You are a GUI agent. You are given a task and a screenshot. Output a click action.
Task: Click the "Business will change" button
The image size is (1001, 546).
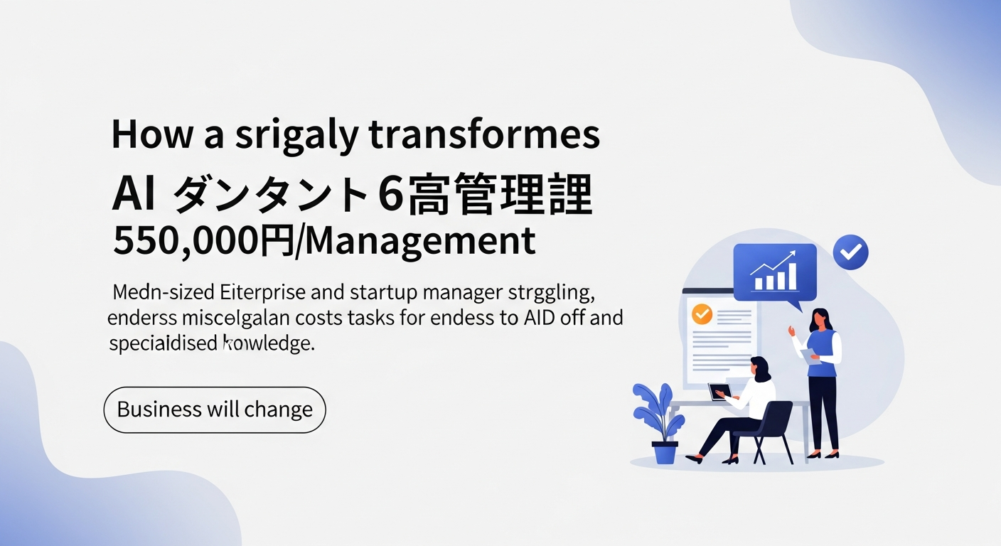pos(215,409)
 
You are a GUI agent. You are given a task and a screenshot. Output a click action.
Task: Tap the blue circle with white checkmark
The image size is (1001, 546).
pos(850,252)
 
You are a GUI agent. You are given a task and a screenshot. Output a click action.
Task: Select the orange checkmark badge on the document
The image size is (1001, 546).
pos(702,314)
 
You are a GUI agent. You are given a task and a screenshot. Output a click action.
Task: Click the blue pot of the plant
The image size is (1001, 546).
pos(665,452)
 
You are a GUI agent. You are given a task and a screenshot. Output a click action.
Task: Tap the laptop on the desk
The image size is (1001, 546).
pos(719,392)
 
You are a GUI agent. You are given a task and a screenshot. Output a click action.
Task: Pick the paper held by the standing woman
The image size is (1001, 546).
pos(809,355)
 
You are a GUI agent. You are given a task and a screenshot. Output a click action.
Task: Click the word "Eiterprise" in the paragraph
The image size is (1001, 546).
pos(252,292)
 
